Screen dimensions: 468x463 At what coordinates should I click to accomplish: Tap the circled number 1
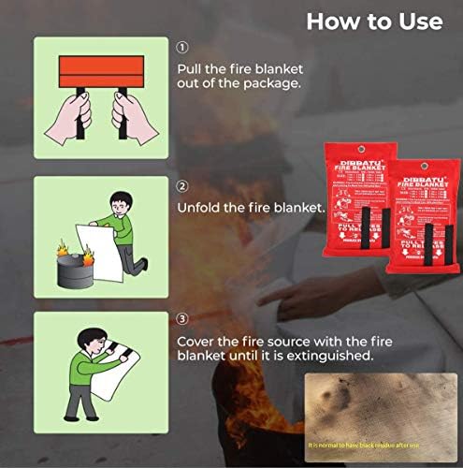click(x=181, y=47)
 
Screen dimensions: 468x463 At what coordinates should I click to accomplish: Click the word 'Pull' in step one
click(x=190, y=69)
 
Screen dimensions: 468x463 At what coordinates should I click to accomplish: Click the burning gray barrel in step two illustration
click(x=74, y=271)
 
